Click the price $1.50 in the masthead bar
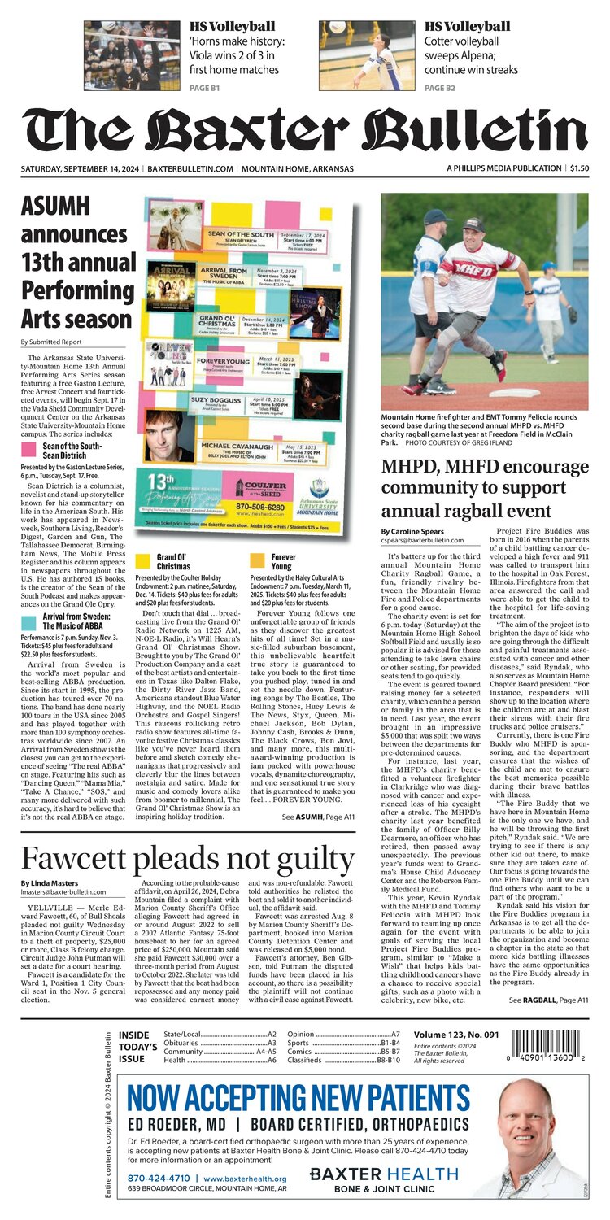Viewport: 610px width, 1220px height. coord(579,168)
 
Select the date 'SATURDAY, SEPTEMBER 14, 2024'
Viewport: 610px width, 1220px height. coord(79,168)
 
